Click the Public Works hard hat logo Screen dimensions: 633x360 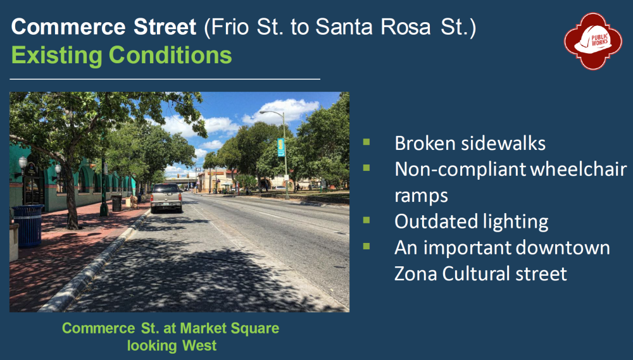(592, 41)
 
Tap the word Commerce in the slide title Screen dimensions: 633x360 (68, 27)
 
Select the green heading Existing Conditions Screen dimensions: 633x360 (122, 55)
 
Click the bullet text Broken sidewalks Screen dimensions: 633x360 (470, 143)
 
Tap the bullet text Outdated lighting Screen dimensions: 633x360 (471, 221)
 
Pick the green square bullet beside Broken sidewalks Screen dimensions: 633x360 (367, 142)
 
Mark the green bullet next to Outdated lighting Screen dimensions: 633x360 (367, 220)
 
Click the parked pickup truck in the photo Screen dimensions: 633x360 (166, 197)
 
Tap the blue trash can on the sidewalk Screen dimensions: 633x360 (28, 226)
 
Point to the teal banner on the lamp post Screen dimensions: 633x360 (280, 147)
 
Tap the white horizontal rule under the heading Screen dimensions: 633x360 (165, 79)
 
